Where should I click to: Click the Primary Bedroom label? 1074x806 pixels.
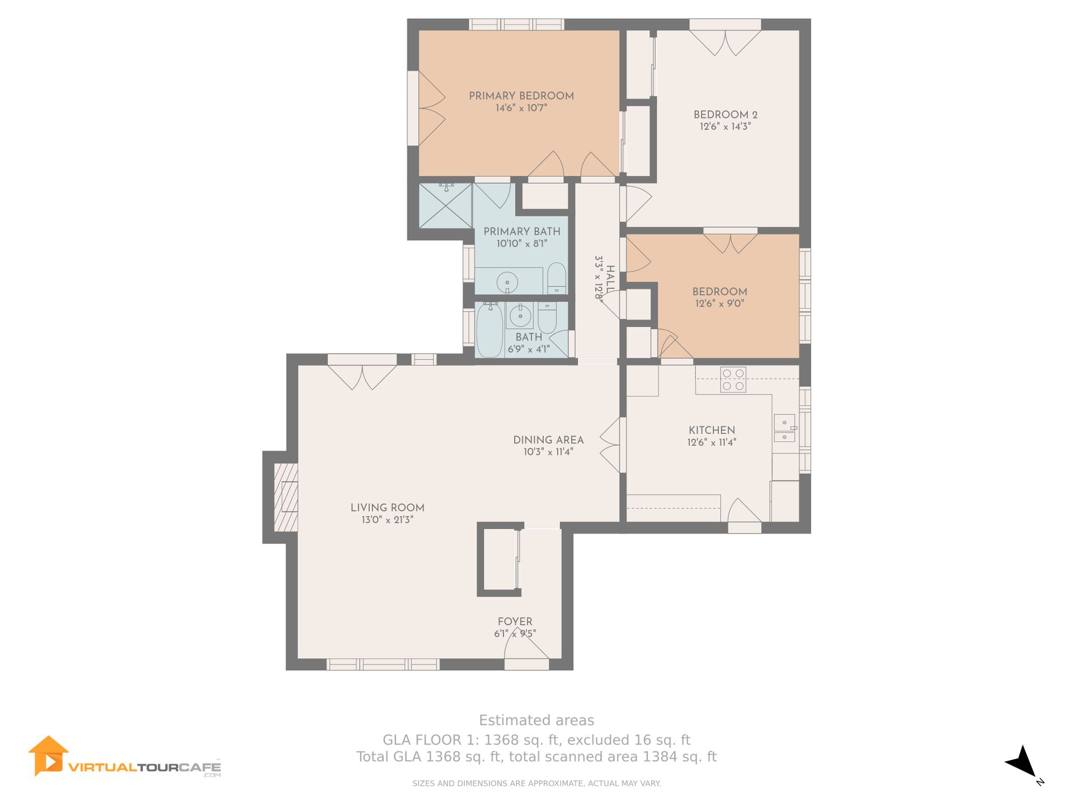click(521, 96)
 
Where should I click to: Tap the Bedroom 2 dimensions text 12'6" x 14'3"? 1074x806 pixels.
click(725, 126)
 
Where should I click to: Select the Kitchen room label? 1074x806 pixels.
click(712, 430)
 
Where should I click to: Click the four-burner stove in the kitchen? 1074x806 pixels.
click(733, 379)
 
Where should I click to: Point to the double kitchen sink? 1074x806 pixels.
click(784, 428)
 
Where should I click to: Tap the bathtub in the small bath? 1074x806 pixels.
click(489, 330)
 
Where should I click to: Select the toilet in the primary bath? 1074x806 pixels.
click(556, 278)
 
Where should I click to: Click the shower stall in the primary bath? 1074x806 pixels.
click(445, 205)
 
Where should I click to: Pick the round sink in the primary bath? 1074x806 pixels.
click(507, 282)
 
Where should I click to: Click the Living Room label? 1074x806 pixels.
click(387, 508)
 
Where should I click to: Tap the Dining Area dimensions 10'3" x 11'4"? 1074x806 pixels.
click(548, 452)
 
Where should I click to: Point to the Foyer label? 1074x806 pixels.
click(515, 621)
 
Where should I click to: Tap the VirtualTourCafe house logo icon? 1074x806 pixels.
click(49, 756)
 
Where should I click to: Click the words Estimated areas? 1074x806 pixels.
click(536, 720)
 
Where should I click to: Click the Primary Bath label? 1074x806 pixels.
click(522, 231)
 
